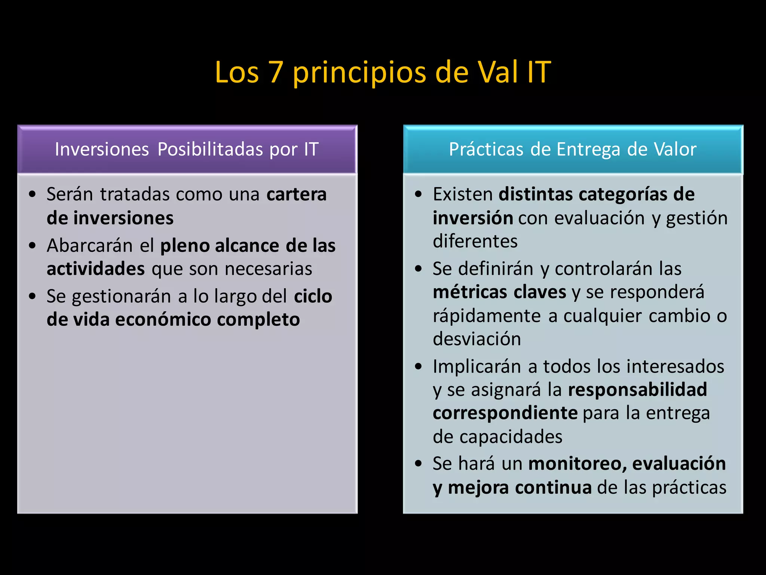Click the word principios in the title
(x=359, y=73)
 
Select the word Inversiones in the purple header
(x=102, y=149)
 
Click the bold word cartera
(x=296, y=195)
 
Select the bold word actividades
(x=96, y=269)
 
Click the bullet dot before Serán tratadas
(x=33, y=195)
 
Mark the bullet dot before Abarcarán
(x=33, y=246)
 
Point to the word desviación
(x=477, y=339)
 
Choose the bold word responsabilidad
(x=637, y=390)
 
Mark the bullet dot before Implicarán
(x=419, y=366)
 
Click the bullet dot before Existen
(x=419, y=195)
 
